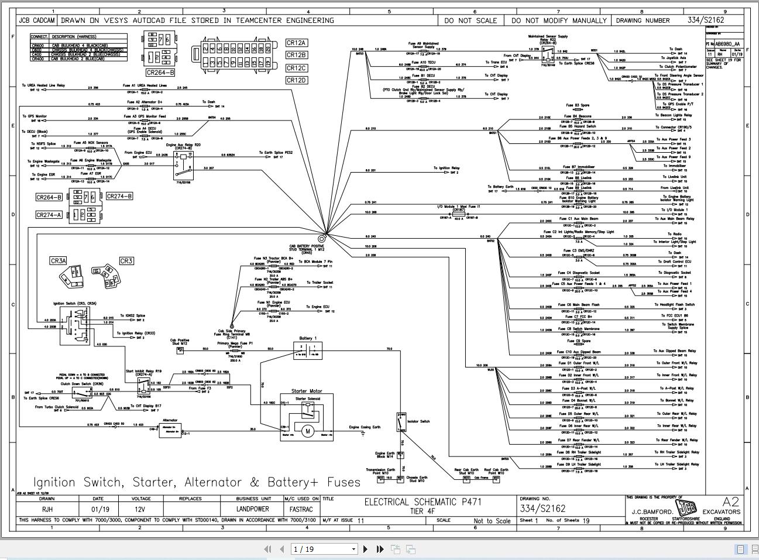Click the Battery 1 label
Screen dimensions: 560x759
click(308, 338)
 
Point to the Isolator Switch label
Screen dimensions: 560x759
click(418, 421)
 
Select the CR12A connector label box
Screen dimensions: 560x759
click(296, 43)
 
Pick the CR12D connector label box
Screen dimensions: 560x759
click(296, 80)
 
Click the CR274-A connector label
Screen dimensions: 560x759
click(49, 215)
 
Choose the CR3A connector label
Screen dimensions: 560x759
click(58, 261)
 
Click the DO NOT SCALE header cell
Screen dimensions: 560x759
click(470, 20)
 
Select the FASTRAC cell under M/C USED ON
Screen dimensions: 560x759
click(301, 509)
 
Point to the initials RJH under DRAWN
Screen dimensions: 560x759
click(47, 509)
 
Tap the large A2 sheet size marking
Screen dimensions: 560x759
click(730, 501)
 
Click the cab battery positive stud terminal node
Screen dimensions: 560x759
click(322, 238)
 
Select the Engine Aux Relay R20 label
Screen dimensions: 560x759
click(183, 145)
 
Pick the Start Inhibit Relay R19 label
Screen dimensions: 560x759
click(143, 371)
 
